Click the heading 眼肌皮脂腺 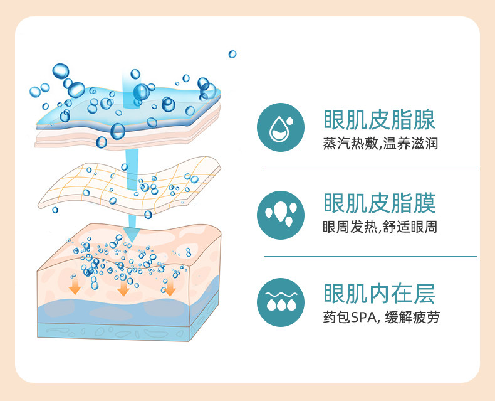380,120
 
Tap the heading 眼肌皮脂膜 380,203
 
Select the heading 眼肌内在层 380,294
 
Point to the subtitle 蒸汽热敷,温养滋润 380,144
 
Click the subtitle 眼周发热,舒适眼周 380,227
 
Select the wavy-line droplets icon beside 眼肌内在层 281,302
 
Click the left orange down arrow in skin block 75,287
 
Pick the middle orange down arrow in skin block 123,288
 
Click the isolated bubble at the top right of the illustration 232,54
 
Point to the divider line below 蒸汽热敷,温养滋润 370,168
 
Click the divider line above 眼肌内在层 370,256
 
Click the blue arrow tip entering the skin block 133,237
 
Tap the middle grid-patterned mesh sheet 128,185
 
